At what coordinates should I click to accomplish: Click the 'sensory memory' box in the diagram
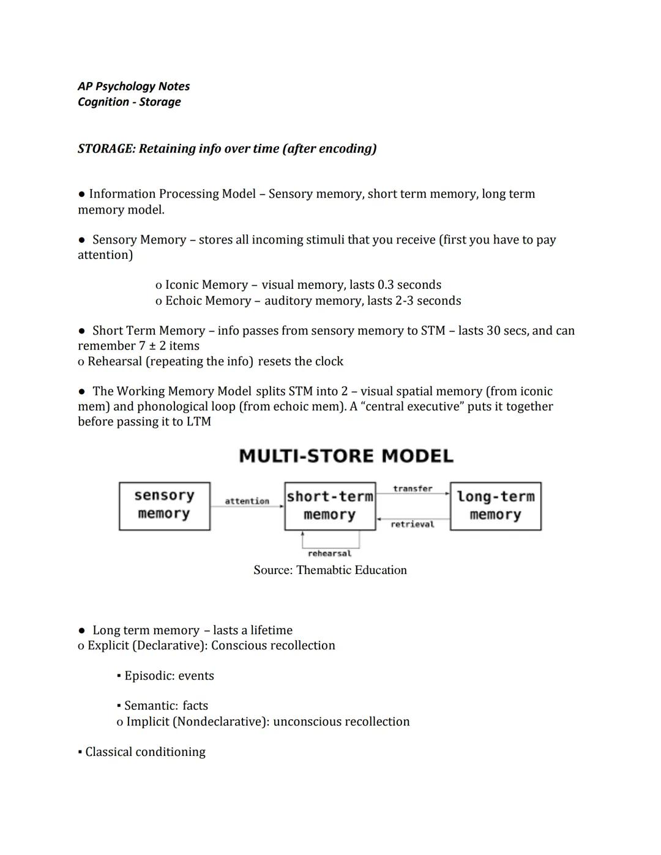164,506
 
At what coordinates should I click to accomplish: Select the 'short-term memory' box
330,506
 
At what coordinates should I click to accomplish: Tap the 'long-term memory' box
495,506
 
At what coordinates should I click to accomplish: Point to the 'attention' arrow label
247,501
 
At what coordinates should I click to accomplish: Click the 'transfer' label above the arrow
413,488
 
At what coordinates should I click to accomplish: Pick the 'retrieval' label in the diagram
413,525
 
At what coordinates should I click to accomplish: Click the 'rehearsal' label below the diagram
329,553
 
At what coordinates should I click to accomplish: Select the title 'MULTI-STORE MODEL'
346,456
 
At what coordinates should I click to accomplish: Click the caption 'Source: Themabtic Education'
330,570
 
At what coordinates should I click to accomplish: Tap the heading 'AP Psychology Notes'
133,86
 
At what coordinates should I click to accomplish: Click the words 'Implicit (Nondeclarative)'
197,722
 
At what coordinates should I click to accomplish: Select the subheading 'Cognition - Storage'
129,102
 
